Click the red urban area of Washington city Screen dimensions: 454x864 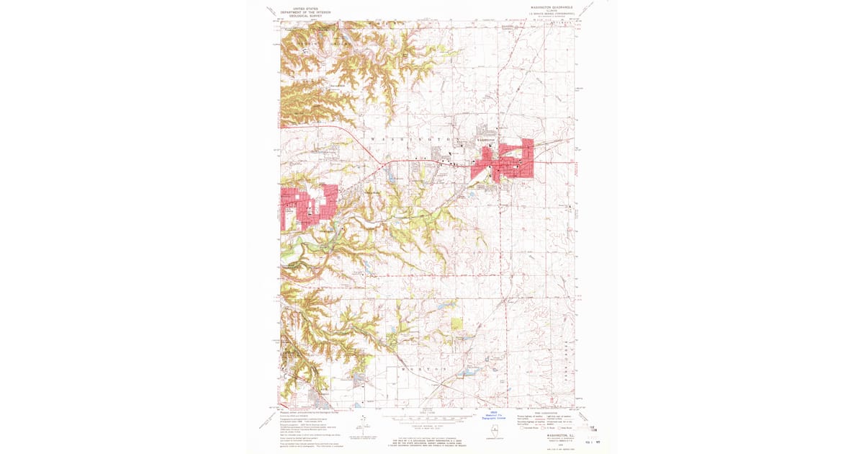click(x=504, y=162)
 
